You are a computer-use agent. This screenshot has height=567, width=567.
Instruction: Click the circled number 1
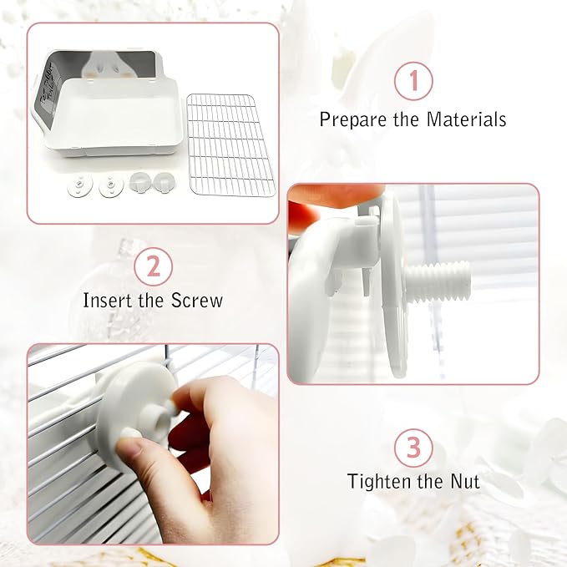[413, 81]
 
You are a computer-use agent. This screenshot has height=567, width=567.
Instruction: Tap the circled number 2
[154, 267]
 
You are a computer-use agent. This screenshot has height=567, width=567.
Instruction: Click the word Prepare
[352, 119]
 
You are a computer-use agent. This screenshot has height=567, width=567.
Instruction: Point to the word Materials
[466, 119]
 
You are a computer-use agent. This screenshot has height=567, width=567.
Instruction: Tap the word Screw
[197, 300]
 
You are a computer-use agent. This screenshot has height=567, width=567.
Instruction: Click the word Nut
[465, 481]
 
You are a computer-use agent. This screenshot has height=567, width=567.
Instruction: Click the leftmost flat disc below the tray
[80, 185]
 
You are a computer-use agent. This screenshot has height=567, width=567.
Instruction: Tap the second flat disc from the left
[111, 186]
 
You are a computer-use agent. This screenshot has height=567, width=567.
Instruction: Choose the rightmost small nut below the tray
[164, 181]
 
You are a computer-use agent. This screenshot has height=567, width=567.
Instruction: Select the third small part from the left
[140, 181]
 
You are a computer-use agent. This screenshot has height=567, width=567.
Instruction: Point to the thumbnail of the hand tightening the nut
[153, 444]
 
